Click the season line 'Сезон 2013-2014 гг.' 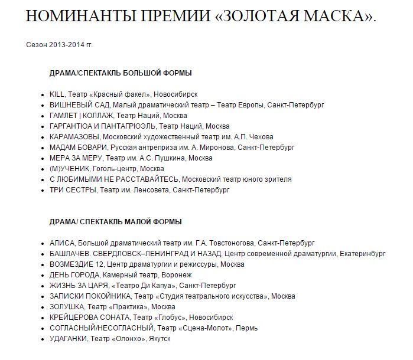coord(60,45)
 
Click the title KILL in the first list coord(57,94)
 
